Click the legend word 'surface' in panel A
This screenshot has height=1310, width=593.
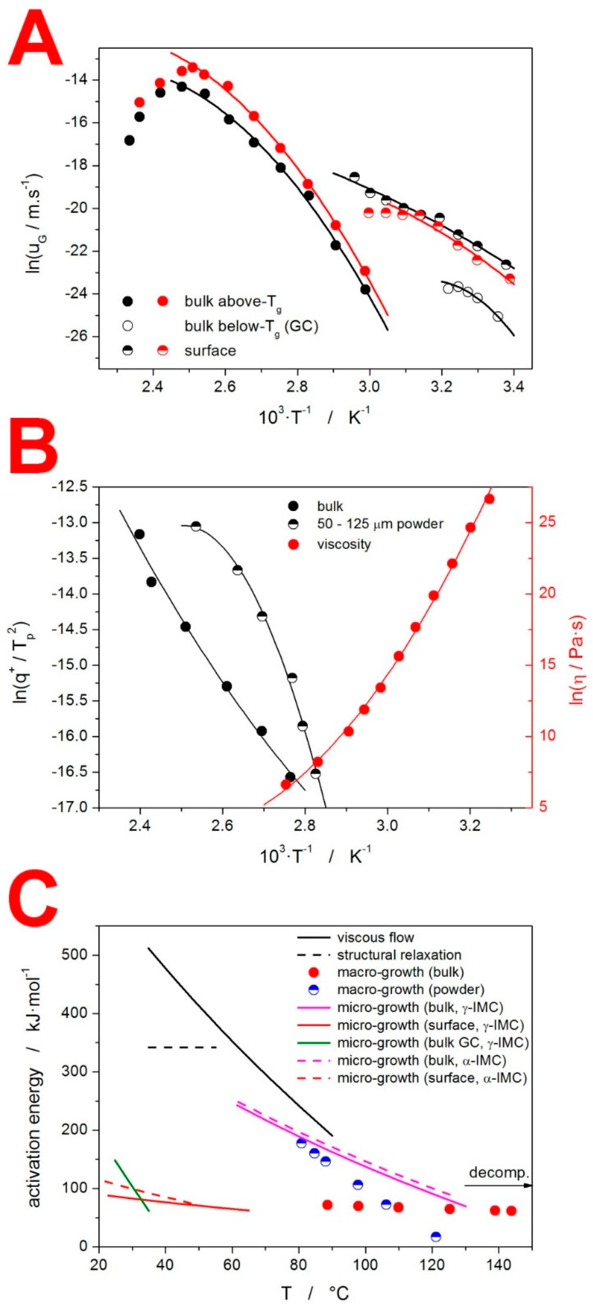[210, 351]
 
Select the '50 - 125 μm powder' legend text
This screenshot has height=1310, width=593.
[380, 524]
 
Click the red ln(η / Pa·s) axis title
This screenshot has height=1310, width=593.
[578, 660]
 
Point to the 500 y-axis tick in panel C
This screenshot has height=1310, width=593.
[75, 955]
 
